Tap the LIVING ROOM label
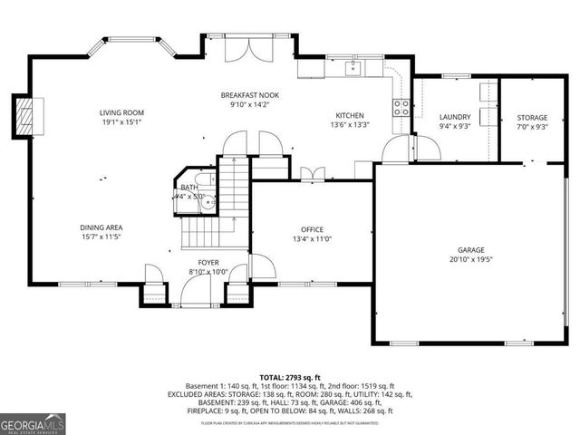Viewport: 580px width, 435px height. tap(121, 113)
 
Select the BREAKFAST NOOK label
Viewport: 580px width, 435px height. tap(251, 95)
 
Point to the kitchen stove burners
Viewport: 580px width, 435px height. tap(400, 107)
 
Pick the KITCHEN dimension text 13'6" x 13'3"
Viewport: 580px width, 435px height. tap(350, 125)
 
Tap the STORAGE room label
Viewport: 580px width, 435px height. tap(532, 118)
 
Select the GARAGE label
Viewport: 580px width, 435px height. tap(470, 249)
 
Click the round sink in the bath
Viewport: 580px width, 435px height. tap(208, 202)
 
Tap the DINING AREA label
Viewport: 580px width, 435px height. tap(102, 227)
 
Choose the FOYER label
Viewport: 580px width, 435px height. tap(208, 263)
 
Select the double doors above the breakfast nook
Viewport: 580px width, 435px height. tap(246, 50)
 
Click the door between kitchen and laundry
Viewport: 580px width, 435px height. tap(398, 150)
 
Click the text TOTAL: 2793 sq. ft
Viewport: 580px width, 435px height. tap(290, 377)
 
